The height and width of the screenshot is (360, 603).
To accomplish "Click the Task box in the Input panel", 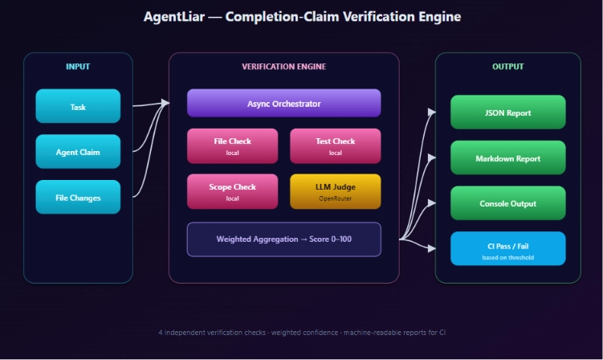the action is coord(78,106).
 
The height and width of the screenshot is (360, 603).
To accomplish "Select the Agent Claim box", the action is coord(78,151).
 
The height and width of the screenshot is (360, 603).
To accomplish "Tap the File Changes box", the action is coord(78,197).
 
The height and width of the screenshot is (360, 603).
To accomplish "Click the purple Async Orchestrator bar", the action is coord(283,103).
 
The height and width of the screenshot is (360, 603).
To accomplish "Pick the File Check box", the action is coord(232,146).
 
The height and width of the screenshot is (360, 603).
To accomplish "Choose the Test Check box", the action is coord(336,146).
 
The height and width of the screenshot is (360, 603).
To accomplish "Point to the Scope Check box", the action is coord(232,191).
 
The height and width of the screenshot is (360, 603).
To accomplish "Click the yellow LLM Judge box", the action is coord(336,191).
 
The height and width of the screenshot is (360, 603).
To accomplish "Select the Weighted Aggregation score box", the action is coord(283,239).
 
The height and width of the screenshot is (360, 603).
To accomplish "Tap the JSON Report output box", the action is coord(508,112).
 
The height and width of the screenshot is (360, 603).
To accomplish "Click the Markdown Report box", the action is coord(508,157).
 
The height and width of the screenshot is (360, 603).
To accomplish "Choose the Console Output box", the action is coord(508,203).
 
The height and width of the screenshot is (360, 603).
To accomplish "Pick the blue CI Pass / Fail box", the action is coord(508,248).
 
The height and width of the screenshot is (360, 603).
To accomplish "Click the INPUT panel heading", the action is coord(78,67).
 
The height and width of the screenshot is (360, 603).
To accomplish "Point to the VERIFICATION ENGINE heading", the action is coord(283,67).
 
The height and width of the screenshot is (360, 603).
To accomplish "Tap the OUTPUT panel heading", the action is coord(508,67).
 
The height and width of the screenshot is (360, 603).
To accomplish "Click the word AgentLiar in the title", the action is coord(173,17).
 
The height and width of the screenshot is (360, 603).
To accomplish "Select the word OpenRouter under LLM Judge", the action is coord(336,198).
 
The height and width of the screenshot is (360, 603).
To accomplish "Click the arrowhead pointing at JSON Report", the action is coord(432,112).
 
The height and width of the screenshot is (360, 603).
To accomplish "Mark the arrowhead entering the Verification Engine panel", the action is coord(165,103).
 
